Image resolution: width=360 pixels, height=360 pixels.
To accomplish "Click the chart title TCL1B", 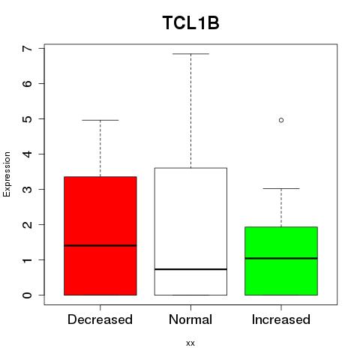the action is tap(190, 23).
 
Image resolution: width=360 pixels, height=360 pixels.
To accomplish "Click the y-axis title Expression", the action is tap(7, 174).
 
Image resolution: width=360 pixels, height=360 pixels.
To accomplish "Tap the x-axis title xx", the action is tap(190, 343).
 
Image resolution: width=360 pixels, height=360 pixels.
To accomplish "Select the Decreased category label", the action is tap(100, 319).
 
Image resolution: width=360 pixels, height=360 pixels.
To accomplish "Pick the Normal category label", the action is tap(190, 319).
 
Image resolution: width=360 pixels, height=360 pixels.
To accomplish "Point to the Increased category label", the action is tap(281, 319).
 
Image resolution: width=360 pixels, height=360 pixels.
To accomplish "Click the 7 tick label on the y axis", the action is tap(28, 48).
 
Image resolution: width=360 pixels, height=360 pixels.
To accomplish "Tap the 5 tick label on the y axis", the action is tap(28, 118).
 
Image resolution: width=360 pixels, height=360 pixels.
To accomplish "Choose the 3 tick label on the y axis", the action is tap(28, 189).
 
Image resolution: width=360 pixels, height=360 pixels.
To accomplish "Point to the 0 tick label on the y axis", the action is tap(28, 295).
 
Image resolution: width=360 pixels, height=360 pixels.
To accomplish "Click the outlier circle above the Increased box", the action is tap(281, 120).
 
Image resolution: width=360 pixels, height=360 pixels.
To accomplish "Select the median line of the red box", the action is tap(100, 245).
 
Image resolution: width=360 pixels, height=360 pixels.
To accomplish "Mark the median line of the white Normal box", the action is tap(190, 269).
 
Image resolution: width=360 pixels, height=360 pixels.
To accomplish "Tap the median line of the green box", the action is tap(281, 258).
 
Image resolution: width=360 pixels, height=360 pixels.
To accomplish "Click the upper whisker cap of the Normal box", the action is tap(190, 54).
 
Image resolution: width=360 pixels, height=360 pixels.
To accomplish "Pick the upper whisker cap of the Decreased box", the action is tap(100, 120).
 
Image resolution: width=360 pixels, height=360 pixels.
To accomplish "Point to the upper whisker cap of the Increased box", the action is tap(281, 188).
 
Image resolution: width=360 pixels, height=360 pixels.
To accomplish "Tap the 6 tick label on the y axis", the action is tap(28, 83).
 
